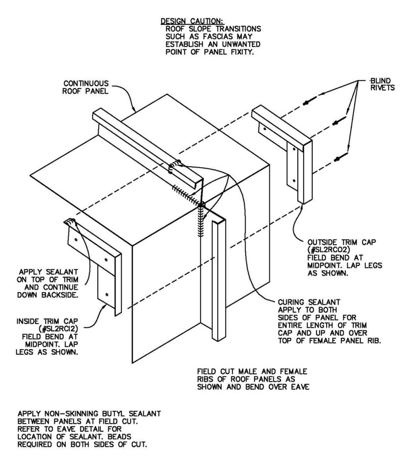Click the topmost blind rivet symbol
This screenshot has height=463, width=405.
click(307, 103)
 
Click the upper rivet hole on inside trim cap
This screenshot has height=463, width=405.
click(75, 238)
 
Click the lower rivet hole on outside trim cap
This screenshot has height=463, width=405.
click(293, 180)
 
